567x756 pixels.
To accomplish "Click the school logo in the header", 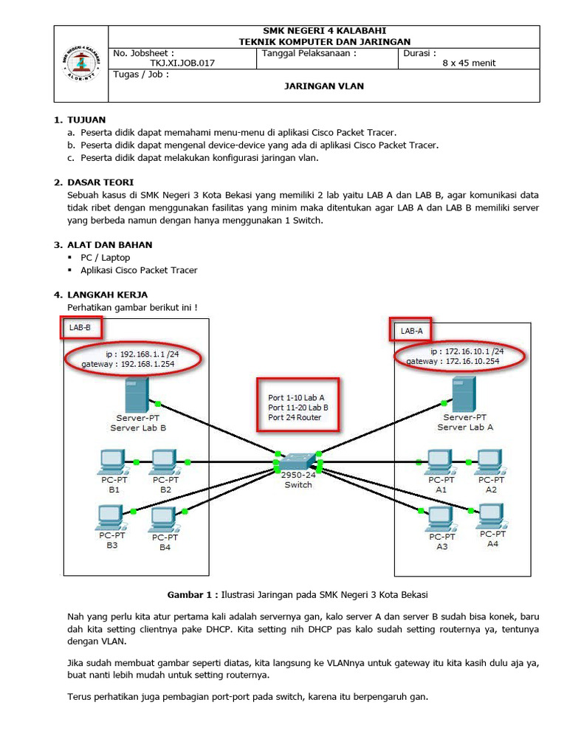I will [x=80, y=63].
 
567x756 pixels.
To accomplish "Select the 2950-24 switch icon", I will [x=298, y=460].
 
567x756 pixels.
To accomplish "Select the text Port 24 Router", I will [x=295, y=417].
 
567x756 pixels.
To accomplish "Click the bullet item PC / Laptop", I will [x=105, y=258].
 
